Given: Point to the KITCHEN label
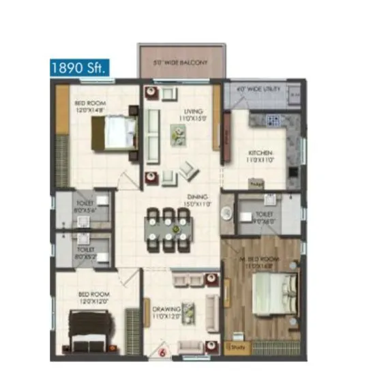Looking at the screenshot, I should click(260, 153).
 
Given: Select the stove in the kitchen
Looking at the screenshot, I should click(273, 121).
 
